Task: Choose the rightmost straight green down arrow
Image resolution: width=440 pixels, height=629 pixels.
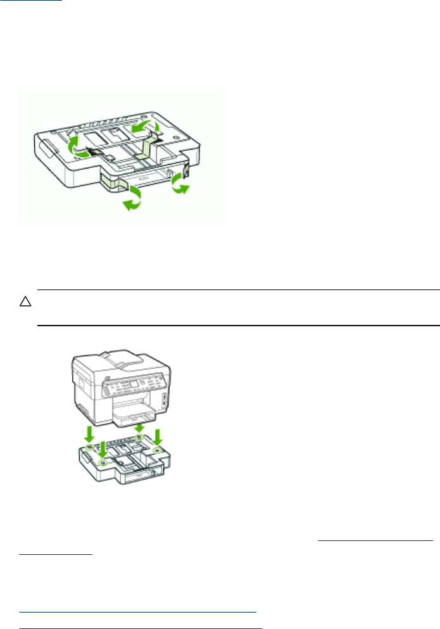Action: (158, 436)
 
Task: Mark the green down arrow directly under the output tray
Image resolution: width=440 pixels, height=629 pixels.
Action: (138, 428)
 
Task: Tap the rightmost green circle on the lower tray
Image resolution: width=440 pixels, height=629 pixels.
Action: (158, 450)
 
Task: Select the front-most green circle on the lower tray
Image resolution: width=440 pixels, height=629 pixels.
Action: (103, 464)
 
